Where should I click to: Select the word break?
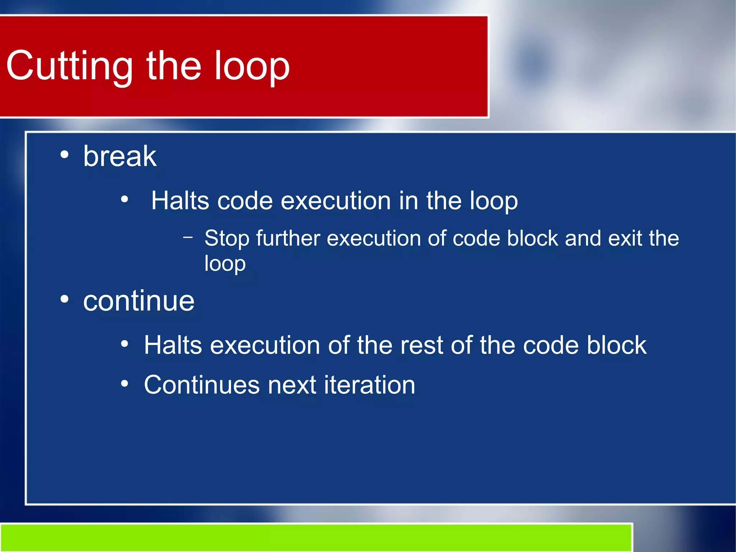[120, 156]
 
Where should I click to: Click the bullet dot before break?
[64, 155]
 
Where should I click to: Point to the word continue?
[139, 301]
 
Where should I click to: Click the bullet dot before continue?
[64, 299]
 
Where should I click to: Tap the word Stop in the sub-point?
[227, 239]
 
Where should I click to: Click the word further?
[288, 238]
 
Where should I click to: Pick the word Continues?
[202, 385]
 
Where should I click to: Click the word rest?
[421, 346]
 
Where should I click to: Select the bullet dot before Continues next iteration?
[124, 383]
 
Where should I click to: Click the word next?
[292, 385]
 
